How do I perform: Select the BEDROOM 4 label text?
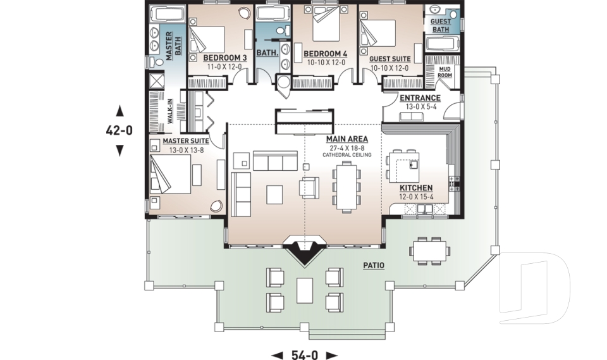[x=324, y=53]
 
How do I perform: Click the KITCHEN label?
[x=416, y=188]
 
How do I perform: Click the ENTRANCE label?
[x=420, y=98]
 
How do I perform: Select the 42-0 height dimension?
[x=119, y=131]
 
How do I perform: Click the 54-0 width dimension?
[x=305, y=355]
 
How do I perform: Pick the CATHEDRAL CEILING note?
[x=346, y=155]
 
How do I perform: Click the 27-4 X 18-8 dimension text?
[x=346, y=147]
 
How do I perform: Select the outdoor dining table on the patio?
[x=429, y=249]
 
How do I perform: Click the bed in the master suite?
[x=169, y=175]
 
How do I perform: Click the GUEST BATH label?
[x=440, y=25]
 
